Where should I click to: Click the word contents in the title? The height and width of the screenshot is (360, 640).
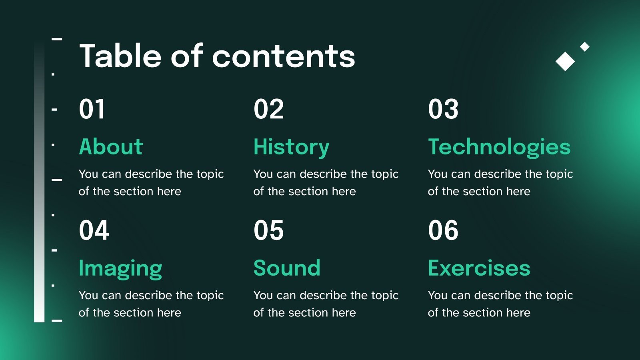point(284,56)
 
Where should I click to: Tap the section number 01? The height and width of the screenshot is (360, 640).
point(92,109)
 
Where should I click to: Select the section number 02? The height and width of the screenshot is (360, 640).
point(268,109)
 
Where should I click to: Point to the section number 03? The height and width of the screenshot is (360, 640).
point(443,109)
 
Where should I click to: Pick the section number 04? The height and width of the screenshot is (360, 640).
point(94,230)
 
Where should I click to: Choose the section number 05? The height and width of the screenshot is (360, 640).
point(268,230)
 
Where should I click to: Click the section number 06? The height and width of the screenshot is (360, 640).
point(443,230)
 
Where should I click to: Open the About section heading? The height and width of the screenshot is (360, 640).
point(111,146)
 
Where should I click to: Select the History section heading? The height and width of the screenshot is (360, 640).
point(292,148)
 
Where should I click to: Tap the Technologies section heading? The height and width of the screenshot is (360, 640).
point(499,148)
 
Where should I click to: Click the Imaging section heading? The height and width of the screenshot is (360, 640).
point(120,269)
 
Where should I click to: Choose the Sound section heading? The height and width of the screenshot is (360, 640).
point(287,268)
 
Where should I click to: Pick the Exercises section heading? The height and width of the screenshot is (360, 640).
point(479,268)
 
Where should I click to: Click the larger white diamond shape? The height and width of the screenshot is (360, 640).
point(565,61)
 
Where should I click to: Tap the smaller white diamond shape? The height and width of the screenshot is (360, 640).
point(584,46)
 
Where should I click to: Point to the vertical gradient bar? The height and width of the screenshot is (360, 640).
point(39,182)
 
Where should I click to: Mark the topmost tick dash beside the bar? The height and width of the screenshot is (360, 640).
point(56,39)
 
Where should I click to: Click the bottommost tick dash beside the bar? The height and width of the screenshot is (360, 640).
point(56,320)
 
